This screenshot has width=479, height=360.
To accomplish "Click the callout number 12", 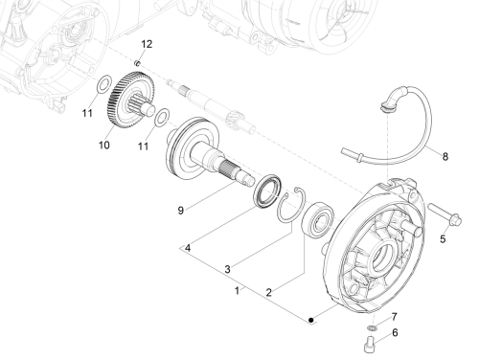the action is (147, 44).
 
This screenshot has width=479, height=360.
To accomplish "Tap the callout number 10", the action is (104, 145).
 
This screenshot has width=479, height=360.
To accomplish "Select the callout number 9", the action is (181, 211).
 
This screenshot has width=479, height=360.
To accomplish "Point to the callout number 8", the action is (445, 156).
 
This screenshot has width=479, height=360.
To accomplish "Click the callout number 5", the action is (443, 238).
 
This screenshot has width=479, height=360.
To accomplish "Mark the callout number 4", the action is (188, 248).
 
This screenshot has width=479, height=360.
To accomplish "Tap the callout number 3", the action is (227, 269).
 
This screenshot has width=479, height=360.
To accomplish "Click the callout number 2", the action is (269, 292).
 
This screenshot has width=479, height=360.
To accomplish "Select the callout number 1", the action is (237, 291).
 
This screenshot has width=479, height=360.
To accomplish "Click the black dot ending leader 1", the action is (311, 320).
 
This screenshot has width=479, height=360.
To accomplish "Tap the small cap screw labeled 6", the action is (369, 344).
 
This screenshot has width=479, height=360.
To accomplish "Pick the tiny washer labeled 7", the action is (372, 327).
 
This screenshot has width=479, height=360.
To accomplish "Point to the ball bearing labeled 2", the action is (318, 218).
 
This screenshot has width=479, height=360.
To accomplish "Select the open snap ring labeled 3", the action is (290, 204).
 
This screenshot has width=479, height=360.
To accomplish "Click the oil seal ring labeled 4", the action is (267, 191).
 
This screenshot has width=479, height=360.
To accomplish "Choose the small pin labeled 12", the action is (138, 62).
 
